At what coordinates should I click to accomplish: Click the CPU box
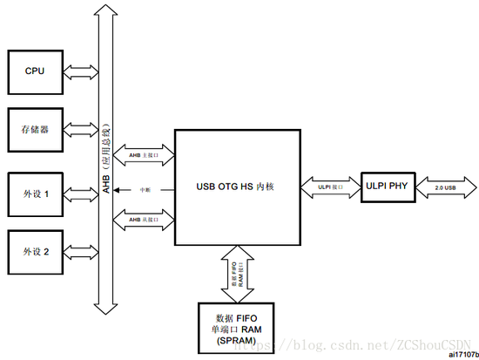(35, 71)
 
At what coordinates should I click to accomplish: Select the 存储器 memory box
(35, 131)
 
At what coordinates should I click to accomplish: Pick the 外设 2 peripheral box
(35, 252)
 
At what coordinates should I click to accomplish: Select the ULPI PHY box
(386, 186)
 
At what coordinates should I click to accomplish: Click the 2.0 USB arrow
(444, 187)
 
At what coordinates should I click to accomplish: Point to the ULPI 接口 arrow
(329, 187)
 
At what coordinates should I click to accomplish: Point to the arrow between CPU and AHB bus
(79, 71)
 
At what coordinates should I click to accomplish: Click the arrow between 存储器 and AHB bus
(79, 131)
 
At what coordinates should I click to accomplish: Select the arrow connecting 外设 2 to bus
(79, 252)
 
